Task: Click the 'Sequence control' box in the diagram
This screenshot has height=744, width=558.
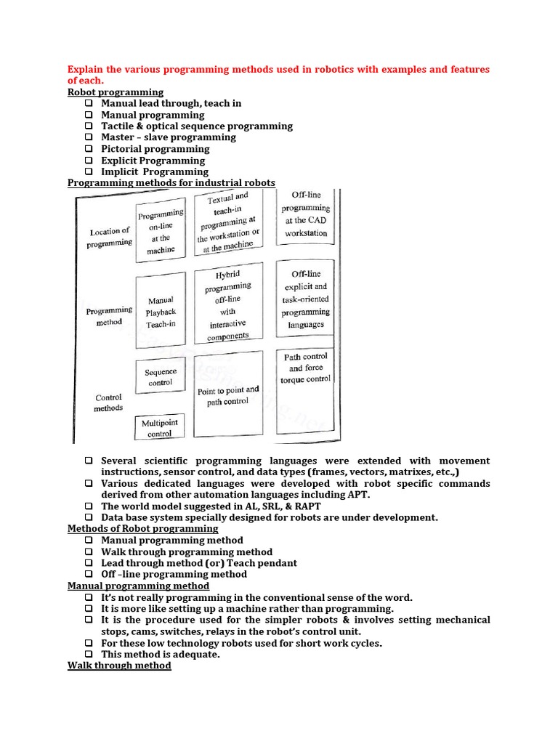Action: coord(161,377)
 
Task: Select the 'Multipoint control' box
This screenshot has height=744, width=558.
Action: coord(160,428)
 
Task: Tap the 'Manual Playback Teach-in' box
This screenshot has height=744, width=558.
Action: coord(161,312)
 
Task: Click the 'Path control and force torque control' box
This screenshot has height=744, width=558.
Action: coord(304,368)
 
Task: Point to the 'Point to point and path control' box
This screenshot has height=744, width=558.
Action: coord(227,396)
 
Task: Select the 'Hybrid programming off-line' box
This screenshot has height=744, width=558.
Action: coord(227,305)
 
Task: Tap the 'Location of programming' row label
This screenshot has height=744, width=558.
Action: coord(110,238)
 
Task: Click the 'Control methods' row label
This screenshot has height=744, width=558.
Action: coord(108,403)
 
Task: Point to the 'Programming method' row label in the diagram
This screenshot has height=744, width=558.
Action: coord(109,316)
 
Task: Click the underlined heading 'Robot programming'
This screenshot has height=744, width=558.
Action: coord(116,92)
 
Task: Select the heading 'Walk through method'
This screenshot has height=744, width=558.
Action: coord(119,666)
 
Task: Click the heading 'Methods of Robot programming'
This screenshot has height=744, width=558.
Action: coord(142,529)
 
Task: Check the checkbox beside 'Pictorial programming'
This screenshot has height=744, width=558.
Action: coord(89,149)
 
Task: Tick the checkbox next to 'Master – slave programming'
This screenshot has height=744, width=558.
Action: coord(89,137)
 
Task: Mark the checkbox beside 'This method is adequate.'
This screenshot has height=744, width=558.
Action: coord(89,654)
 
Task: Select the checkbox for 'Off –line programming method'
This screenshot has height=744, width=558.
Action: coord(89,574)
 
